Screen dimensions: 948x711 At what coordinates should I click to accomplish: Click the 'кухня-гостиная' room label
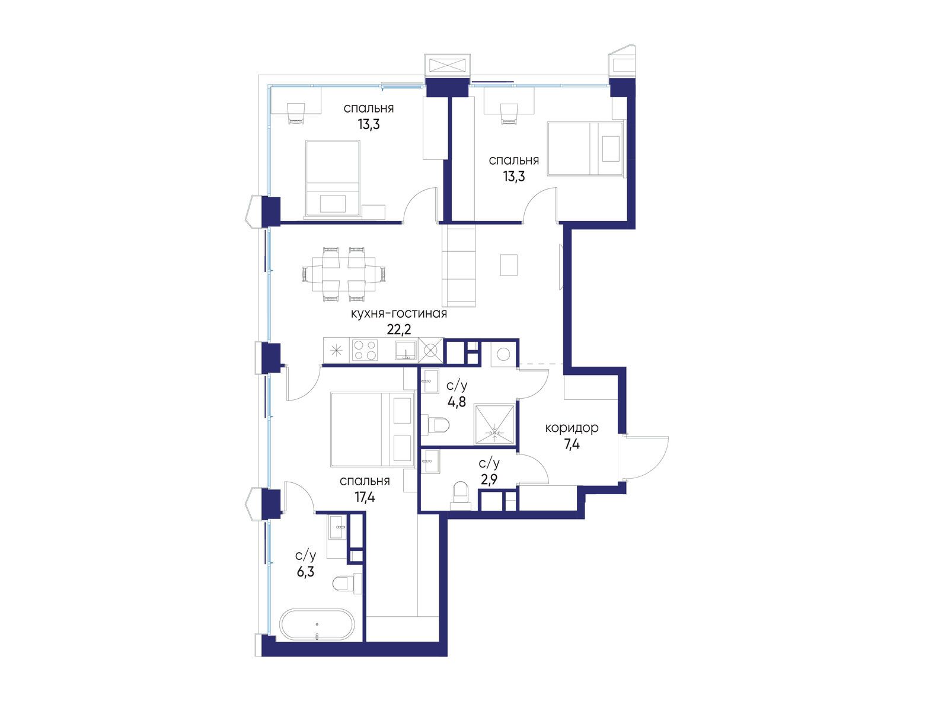click(x=398, y=313)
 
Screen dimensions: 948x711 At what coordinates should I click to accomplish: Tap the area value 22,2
click(x=398, y=329)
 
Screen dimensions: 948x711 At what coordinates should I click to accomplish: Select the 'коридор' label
click(x=572, y=428)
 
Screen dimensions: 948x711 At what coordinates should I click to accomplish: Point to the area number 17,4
click(x=365, y=498)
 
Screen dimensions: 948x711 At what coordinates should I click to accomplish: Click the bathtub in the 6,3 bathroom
click(x=317, y=625)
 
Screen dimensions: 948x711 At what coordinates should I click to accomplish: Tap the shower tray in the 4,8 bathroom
click(x=494, y=425)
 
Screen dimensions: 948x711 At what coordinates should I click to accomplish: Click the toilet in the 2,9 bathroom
click(x=461, y=495)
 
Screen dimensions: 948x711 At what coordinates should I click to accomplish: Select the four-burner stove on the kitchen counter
click(x=365, y=350)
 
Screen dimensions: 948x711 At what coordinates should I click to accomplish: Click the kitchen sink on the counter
click(x=406, y=350)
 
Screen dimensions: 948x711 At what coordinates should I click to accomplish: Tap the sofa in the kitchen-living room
click(x=459, y=267)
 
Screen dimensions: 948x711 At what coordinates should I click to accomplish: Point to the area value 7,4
click(x=572, y=444)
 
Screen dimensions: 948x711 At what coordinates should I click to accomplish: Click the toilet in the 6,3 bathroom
click(x=347, y=584)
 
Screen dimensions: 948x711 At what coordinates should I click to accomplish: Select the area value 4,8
click(x=457, y=402)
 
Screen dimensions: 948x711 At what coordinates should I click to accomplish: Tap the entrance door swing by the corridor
click(x=646, y=458)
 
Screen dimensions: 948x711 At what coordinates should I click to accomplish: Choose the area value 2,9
click(x=489, y=479)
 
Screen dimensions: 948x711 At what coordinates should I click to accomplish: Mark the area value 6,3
click(x=305, y=572)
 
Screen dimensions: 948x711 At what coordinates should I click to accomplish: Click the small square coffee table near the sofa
click(x=509, y=265)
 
